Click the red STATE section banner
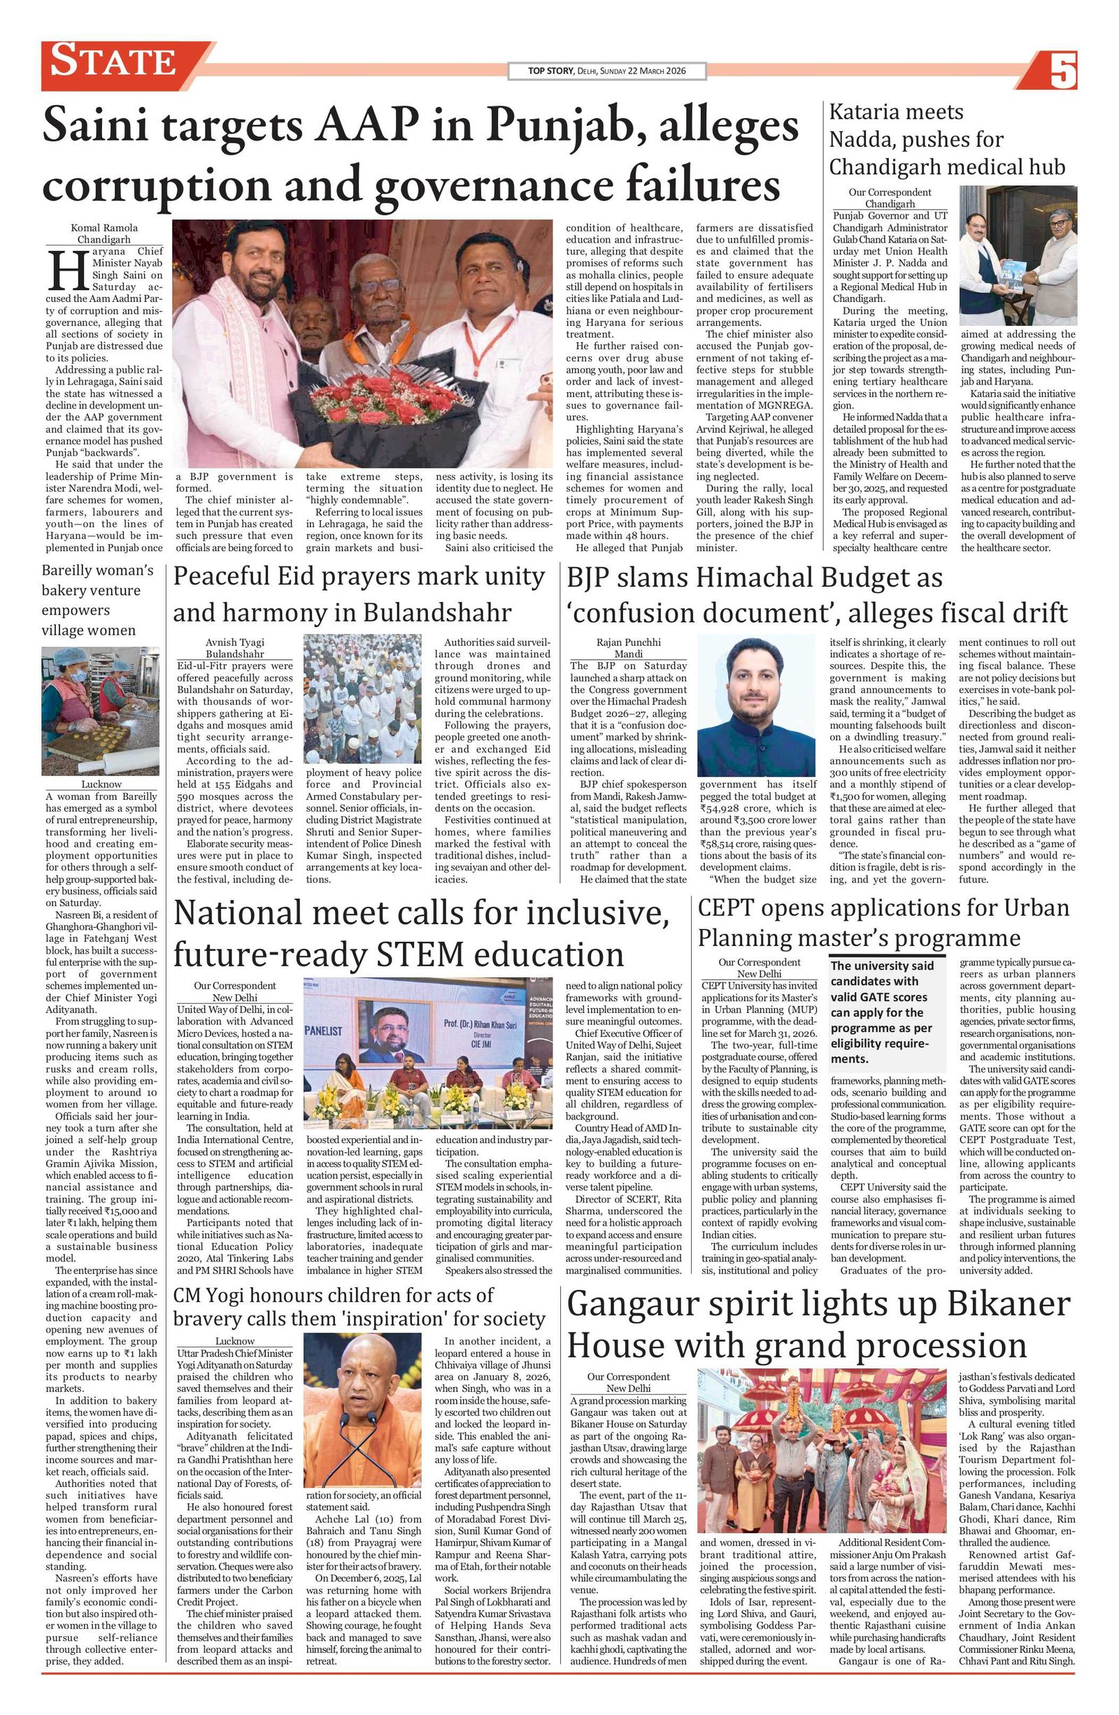(x=115, y=62)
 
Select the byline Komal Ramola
(x=104, y=228)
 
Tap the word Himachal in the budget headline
(x=746, y=578)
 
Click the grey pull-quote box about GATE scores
(x=887, y=1012)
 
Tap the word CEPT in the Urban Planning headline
(x=724, y=908)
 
